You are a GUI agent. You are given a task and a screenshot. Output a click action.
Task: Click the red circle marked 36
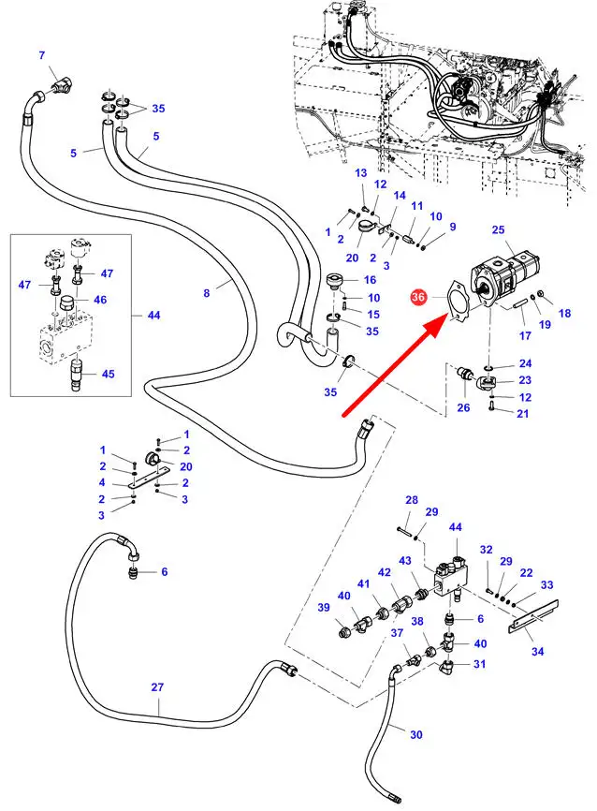coord(418,298)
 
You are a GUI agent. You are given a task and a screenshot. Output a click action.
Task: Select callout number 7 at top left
coord(41,55)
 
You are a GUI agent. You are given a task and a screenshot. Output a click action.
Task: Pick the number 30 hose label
coord(416,734)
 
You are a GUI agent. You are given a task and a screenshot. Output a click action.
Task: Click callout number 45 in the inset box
coord(109,375)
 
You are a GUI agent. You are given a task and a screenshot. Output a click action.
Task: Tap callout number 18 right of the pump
coord(564,314)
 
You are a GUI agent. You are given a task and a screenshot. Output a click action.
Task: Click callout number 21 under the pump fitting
coord(523,414)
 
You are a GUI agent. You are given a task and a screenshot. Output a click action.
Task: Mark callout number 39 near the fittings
coord(324,608)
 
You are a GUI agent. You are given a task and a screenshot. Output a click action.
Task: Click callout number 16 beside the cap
coord(370,280)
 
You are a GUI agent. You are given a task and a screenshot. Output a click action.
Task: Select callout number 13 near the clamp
coord(361,173)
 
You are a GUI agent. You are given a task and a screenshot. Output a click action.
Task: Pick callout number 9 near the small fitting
coord(452,227)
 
